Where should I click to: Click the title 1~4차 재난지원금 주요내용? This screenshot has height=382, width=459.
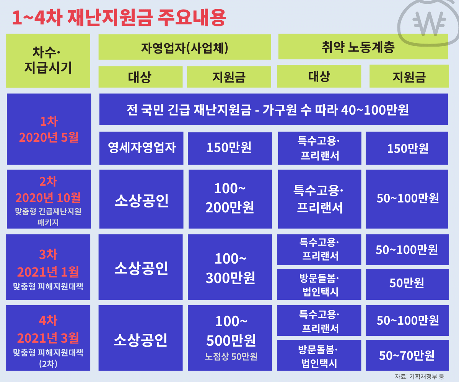pyautogui.click(x=119, y=18)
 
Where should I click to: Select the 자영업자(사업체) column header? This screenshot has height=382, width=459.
pyautogui.click(x=185, y=47)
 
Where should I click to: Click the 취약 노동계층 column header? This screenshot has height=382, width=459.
pyautogui.click(x=363, y=47)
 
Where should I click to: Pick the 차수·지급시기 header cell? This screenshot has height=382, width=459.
pyautogui.click(x=48, y=61)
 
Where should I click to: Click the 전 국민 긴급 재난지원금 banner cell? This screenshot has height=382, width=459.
pyautogui.click(x=274, y=109)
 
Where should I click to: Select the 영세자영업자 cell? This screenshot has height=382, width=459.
pyautogui.click(x=142, y=148)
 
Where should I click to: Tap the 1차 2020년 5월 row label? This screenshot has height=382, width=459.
pyautogui.click(x=49, y=129)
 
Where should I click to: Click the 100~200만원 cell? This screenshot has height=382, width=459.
pyautogui.click(x=230, y=199)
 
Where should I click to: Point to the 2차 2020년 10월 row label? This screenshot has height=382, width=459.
pyautogui.click(x=49, y=199)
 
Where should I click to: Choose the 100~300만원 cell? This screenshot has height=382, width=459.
pyautogui.click(x=230, y=267)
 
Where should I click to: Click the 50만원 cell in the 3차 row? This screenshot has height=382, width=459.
pyautogui.click(x=407, y=285)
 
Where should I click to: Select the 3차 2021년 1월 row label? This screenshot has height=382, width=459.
pyautogui.click(x=48, y=267)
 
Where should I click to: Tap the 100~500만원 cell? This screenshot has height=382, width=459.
pyautogui.click(x=230, y=338)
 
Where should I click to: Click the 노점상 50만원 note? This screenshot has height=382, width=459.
pyautogui.click(x=231, y=356)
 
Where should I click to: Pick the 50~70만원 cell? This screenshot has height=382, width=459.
pyautogui.click(x=407, y=355)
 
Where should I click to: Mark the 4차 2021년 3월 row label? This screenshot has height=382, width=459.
pyautogui.click(x=48, y=338)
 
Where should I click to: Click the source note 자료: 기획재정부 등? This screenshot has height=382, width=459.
pyautogui.click(x=420, y=377)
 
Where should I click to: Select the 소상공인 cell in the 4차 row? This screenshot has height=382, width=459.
pyautogui.click(x=140, y=338)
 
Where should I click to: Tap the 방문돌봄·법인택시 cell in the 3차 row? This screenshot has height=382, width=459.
pyautogui.click(x=319, y=285)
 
